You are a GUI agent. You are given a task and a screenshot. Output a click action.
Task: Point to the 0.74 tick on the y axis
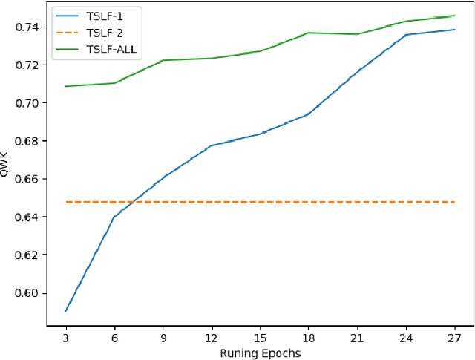click(26, 27)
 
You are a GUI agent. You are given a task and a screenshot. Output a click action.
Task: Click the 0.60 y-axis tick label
click(26, 293)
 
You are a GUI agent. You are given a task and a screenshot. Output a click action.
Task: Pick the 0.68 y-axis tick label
click(26, 141)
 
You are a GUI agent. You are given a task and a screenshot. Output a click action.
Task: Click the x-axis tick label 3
click(66, 336)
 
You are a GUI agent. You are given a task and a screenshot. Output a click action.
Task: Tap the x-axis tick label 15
click(260, 336)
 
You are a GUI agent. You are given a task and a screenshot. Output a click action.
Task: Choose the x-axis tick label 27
click(454, 336)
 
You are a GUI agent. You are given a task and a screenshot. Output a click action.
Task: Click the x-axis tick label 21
click(357, 336)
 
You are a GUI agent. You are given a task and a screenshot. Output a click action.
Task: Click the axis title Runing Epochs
click(260, 353)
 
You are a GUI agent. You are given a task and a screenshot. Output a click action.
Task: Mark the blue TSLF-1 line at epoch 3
click(66, 311)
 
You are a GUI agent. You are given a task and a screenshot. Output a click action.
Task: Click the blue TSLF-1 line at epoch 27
click(454, 30)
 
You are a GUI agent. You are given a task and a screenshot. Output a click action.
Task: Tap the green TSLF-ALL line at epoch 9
click(163, 60)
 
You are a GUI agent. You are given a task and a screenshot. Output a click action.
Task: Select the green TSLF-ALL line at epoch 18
click(309, 33)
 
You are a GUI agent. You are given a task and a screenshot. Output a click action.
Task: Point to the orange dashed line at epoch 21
click(357, 202)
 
